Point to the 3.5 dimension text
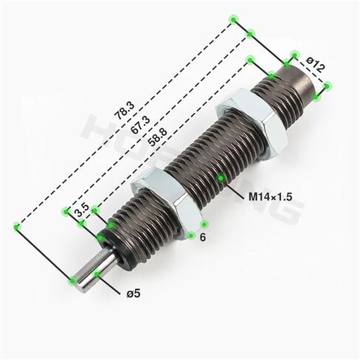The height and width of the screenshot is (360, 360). click(x=83, y=211)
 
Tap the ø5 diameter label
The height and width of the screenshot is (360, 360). click(x=134, y=294)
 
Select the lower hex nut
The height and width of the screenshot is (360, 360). click(x=170, y=197)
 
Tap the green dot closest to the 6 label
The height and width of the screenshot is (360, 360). click(x=191, y=236)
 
